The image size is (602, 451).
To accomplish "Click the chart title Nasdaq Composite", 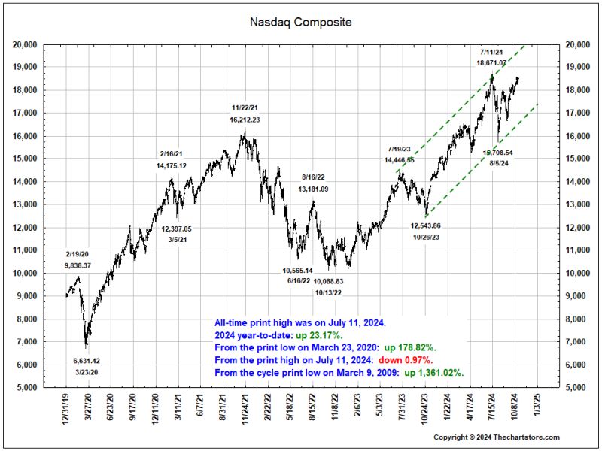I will [x=300, y=22].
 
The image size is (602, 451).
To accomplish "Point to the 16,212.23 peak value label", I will [x=245, y=120].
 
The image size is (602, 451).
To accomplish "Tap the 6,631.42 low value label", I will [x=86, y=361].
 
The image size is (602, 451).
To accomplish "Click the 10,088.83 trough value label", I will [x=328, y=280].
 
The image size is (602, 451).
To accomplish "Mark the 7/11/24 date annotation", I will [x=491, y=52].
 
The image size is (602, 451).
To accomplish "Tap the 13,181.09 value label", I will [x=313, y=189].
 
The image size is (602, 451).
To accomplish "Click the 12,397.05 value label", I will [x=177, y=229].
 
